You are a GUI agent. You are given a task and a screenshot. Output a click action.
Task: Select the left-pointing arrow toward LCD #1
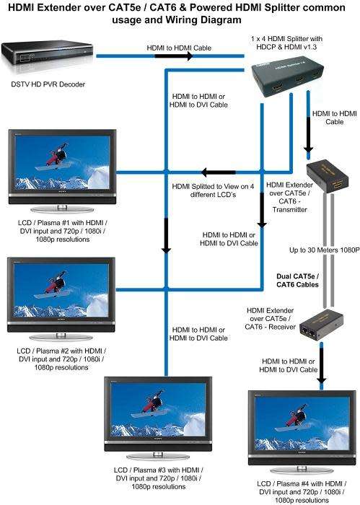[208, 172]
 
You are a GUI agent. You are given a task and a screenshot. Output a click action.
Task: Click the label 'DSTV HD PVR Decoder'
[47, 84]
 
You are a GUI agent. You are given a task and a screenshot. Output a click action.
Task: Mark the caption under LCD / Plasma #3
[157, 478]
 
